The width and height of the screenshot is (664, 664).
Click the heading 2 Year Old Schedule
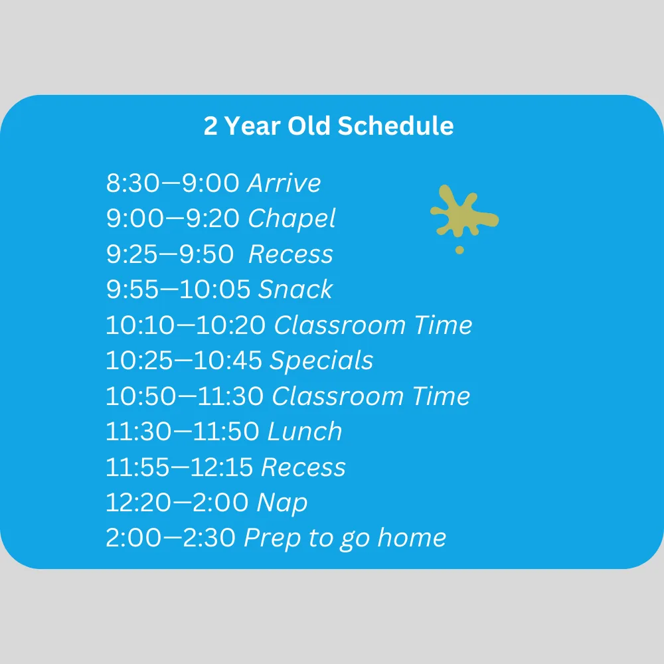329,126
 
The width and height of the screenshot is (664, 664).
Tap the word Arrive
284,183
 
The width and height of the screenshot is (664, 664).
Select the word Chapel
292,219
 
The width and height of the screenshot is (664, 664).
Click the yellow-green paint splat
463,212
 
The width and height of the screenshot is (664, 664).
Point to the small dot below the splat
459,250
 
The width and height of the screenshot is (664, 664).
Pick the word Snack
295,290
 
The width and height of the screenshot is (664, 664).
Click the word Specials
321,361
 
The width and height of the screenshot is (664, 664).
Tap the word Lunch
305,432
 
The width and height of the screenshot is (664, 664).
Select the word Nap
282,503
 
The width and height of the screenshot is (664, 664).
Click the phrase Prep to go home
345,539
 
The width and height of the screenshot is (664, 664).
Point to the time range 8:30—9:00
173,183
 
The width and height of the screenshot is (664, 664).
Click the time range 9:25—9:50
170,254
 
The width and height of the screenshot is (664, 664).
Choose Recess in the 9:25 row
291,254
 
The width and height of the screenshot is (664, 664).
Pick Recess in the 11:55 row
303,467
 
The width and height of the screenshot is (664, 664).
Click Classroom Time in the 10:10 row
373,325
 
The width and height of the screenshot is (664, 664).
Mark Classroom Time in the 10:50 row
371,396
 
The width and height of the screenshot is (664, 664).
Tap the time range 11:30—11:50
183,432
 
